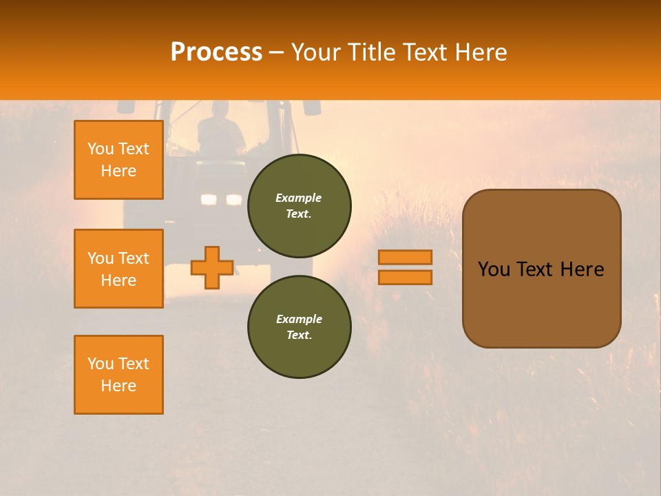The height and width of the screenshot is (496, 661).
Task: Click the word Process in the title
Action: [x=216, y=52]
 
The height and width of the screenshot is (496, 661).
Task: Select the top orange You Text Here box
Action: [x=118, y=160]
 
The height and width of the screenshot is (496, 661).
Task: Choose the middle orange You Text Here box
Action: [x=118, y=269]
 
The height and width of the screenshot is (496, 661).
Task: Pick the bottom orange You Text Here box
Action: [x=118, y=375]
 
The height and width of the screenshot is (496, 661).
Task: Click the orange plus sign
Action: [x=212, y=267]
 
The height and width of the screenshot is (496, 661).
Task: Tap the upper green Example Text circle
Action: [x=299, y=206]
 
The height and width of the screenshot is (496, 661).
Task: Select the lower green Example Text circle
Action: [x=299, y=327]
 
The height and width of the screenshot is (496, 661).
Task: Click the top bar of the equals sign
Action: [x=406, y=257]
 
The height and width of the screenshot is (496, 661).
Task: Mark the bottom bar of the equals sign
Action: [x=406, y=277]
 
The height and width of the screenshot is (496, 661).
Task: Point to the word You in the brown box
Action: [x=494, y=269]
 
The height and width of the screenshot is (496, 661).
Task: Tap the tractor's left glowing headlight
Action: [x=209, y=200]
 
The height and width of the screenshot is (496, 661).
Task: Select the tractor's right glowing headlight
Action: [x=234, y=200]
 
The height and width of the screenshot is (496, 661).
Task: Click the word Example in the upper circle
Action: [x=299, y=198]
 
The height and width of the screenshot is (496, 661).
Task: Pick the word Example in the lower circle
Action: [x=299, y=319]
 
